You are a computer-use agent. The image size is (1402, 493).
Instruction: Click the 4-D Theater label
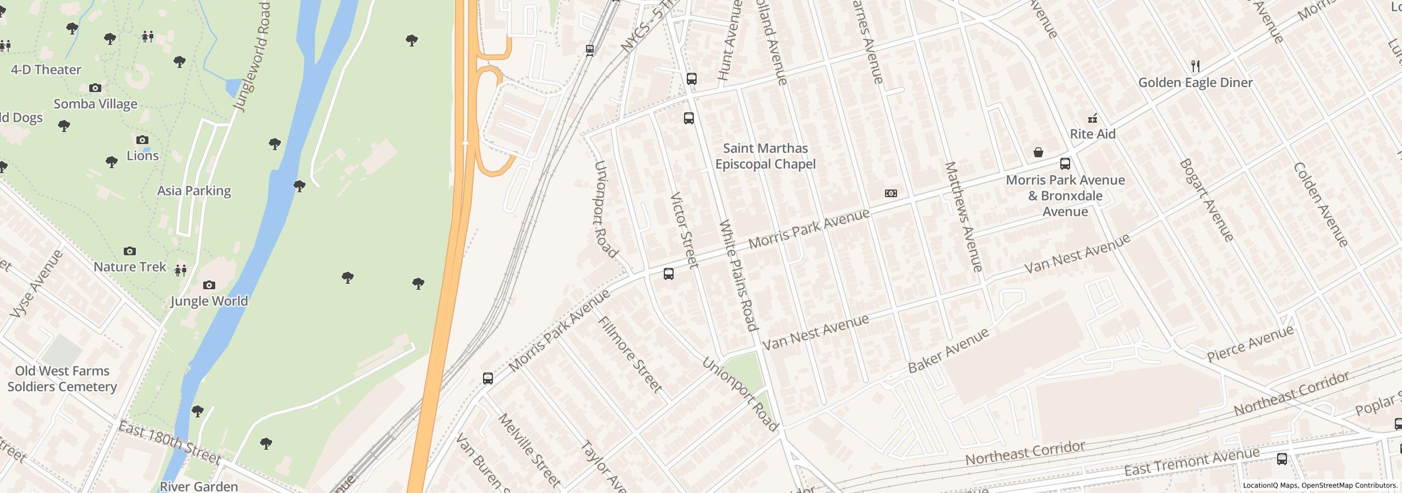pyautogui.click(x=46, y=70)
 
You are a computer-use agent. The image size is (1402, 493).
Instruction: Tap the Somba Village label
pyautogui.click(x=95, y=104)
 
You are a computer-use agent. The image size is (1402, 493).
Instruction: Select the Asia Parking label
pyautogui.click(x=194, y=191)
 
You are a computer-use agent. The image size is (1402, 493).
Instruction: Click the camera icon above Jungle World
pyautogui.click(x=209, y=285)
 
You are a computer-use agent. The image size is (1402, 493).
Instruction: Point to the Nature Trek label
pyautogui.click(x=130, y=267)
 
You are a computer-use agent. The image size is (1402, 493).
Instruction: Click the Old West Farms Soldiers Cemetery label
pyautogui.click(x=62, y=379)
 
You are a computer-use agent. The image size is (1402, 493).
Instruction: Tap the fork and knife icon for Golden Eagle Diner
pyautogui.click(x=1196, y=66)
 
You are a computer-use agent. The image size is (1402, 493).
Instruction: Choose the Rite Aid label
pyautogui.click(x=1093, y=134)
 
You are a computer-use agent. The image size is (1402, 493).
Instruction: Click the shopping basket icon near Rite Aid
pyautogui.click(x=1038, y=152)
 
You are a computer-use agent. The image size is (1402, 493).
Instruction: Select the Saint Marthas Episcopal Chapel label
pyautogui.click(x=765, y=156)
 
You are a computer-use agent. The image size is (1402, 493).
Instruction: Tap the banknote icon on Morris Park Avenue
pyautogui.click(x=891, y=193)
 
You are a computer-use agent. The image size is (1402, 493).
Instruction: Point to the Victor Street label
pyautogui.click(x=685, y=230)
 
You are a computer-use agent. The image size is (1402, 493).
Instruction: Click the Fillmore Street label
pyautogui.click(x=631, y=354)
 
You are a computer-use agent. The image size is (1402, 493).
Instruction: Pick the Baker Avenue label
pyautogui.click(x=949, y=351)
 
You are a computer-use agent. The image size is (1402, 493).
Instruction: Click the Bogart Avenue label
pyautogui.click(x=1206, y=200)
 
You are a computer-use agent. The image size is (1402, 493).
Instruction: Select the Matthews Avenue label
pyautogui.click(x=964, y=217)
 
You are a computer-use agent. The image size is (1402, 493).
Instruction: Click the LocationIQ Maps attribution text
pyautogui.click(x=1320, y=485)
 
